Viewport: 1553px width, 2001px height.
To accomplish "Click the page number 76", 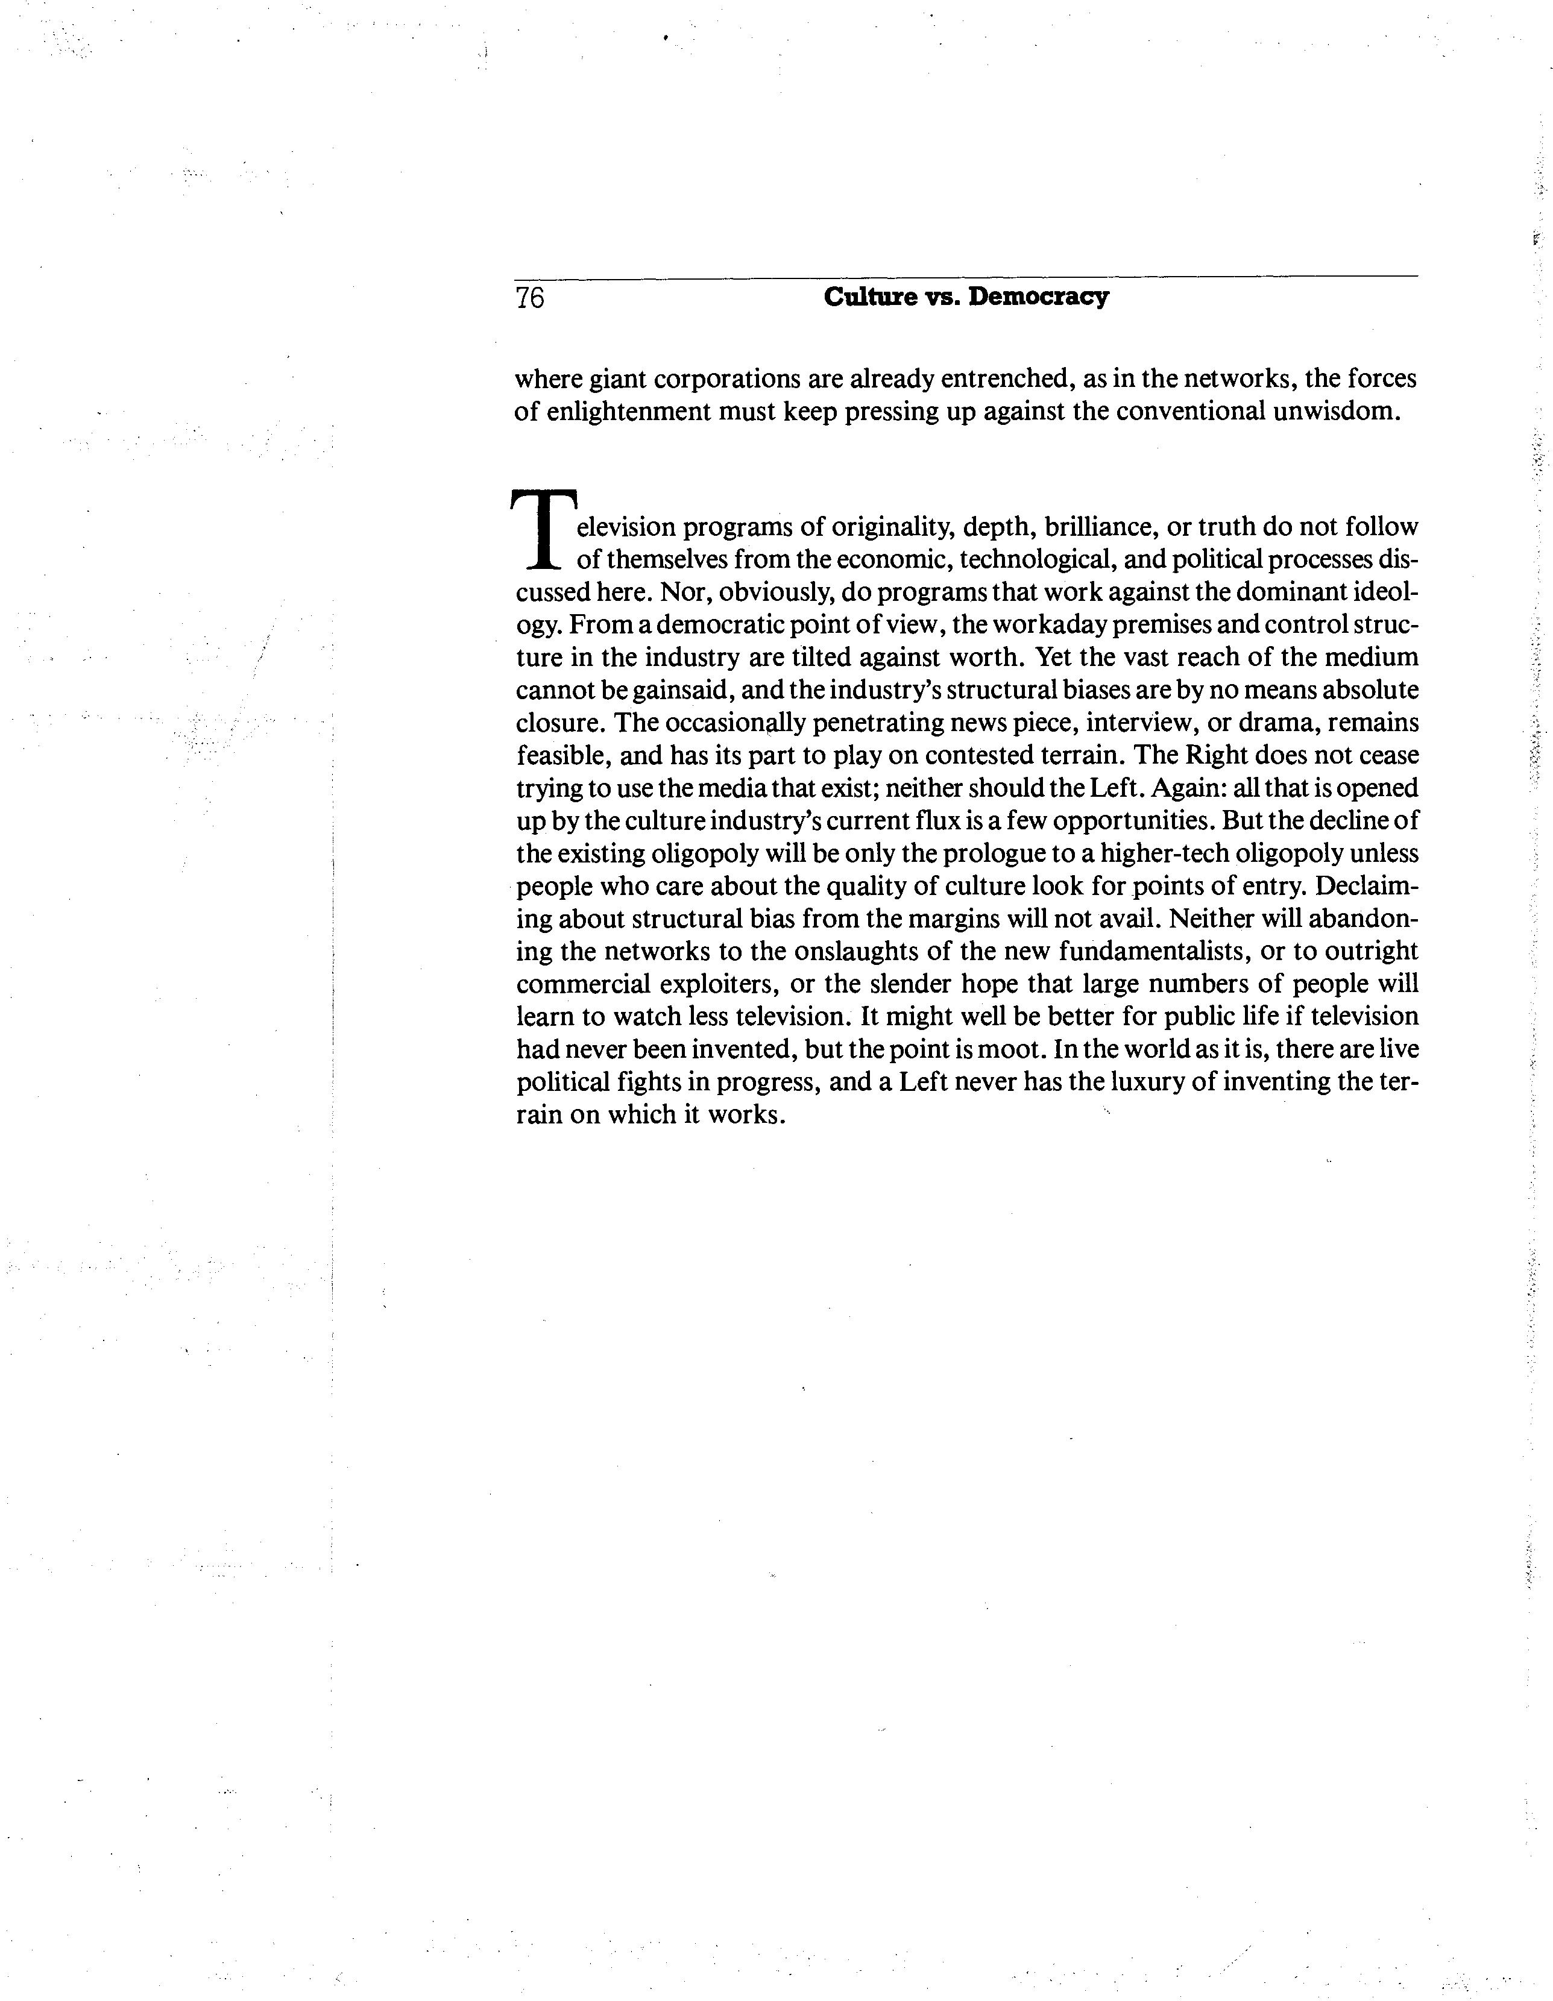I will point(529,298).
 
